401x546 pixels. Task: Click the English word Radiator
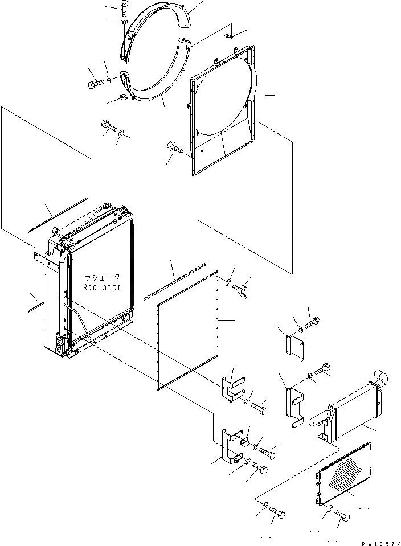coord(102,287)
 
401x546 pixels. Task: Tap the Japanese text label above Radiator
coord(102,277)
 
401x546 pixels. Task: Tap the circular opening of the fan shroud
coord(222,102)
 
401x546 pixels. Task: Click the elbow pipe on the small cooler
coord(380,377)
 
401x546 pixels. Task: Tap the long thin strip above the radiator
coord(57,215)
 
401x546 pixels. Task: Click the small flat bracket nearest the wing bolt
coord(292,347)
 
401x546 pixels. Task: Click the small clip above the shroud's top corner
coord(231,36)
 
